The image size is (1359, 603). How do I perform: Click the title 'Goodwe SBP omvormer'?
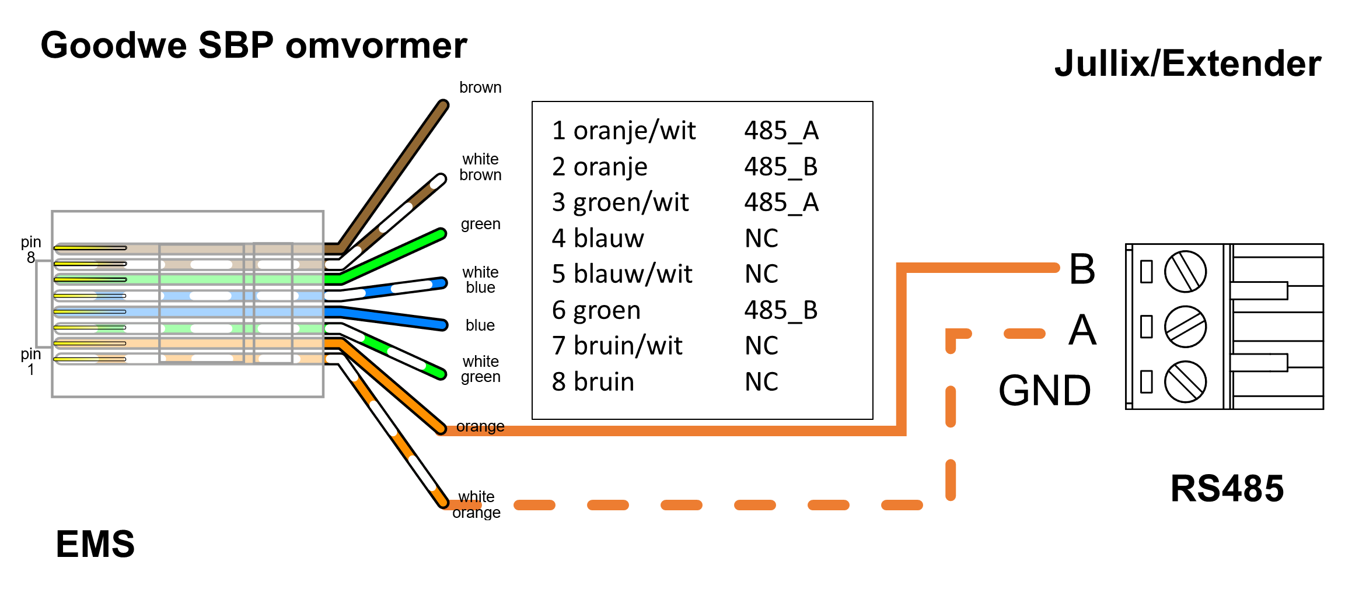pyautogui.click(x=254, y=45)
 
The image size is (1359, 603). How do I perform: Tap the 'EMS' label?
pyautogui.click(x=95, y=544)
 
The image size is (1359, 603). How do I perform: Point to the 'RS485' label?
pyautogui.click(x=1227, y=488)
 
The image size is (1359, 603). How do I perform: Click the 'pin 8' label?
pyautogui.click(x=31, y=250)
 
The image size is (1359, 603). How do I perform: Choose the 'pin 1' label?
pyautogui.click(x=31, y=362)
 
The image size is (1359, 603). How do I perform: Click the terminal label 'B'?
pyautogui.click(x=1082, y=269)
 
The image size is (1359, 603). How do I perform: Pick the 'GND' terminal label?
pyautogui.click(x=1044, y=390)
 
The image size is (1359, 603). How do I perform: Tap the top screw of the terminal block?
pyautogui.click(x=1185, y=272)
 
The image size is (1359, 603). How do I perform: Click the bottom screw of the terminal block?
pyautogui.click(x=1185, y=381)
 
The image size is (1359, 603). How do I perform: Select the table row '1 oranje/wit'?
pyautogui.click(x=623, y=130)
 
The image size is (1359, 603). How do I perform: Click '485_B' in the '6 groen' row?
pyautogui.click(x=781, y=310)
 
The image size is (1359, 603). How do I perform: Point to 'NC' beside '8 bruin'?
pyautogui.click(x=761, y=381)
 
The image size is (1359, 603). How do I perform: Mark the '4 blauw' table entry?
pyautogui.click(x=598, y=238)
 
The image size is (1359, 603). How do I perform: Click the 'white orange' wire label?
pyautogui.click(x=476, y=504)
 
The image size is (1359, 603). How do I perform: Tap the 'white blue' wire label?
pyautogui.click(x=480, y=280)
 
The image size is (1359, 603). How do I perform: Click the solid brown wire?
pyautogui.click(x=397, y=169)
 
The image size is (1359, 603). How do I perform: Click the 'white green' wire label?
pyautogui.click(x=480, y=369)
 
